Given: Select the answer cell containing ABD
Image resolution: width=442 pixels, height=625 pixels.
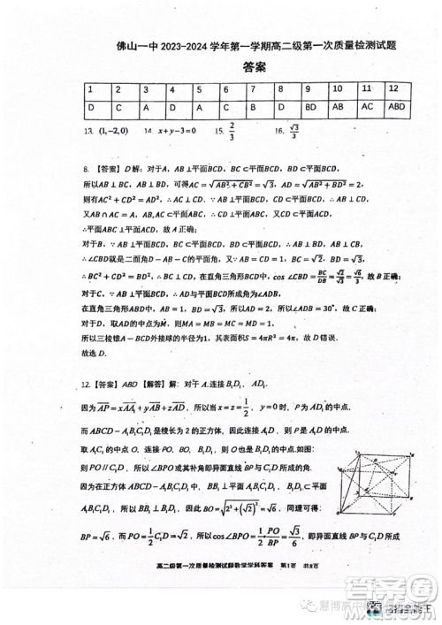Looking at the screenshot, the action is point(397,107).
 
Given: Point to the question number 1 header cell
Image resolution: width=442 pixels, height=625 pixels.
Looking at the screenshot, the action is point(91,90).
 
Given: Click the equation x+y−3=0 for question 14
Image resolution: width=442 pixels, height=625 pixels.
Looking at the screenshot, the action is point(175,130).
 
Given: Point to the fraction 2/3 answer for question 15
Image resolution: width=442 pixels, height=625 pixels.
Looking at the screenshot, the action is point(232,131).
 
